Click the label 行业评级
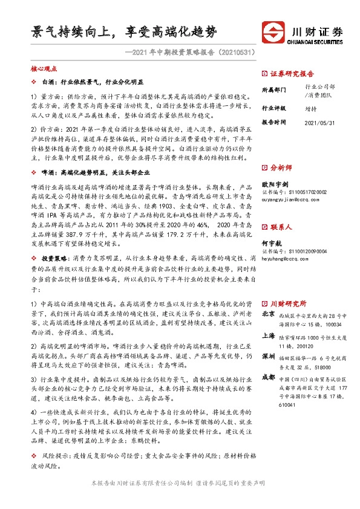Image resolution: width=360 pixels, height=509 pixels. [274, 108]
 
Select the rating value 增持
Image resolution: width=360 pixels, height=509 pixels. [311, 109]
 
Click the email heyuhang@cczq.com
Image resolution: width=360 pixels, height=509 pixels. [286, 258]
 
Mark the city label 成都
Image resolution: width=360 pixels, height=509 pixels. [269, 378]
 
